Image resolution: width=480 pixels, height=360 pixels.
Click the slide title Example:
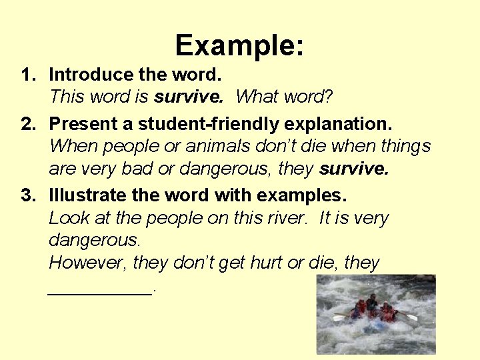click(x=239, y=46)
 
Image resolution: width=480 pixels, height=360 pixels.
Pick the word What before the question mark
click(x=260, y=97)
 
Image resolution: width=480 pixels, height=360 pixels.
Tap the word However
click(x=88, y=263)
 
